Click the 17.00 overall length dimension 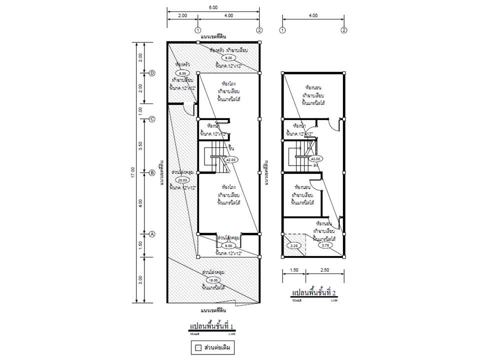133,172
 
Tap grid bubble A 152,233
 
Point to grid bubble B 152,173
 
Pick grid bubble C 152,118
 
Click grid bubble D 152,73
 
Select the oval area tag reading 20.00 181,180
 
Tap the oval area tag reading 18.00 212,281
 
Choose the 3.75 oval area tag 325,245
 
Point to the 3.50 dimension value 140,146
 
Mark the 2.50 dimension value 325,270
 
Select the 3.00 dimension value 140,279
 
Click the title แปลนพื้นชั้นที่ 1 212,326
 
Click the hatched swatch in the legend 198,347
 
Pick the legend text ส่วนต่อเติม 218,347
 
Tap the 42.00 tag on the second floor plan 316,159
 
